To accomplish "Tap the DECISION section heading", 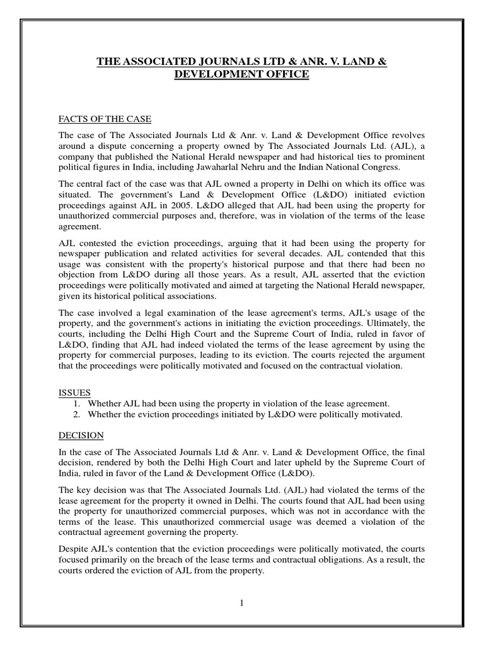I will [81, 436].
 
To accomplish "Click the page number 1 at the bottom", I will [241, 602].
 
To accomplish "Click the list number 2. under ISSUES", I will [78, 414].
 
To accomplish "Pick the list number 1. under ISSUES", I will [78, 403].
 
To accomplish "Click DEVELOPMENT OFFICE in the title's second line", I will [241, 74].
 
